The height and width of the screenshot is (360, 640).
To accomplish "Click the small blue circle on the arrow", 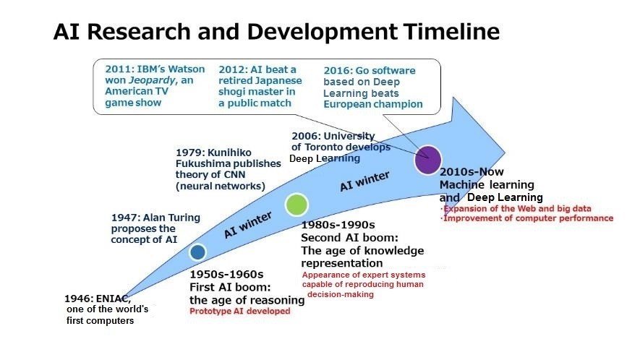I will (197, 252).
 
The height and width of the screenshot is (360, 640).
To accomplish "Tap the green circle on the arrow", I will (296, 205).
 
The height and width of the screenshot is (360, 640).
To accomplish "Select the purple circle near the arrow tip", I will (427, 159).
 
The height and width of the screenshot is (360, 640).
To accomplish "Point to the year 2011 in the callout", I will (116, 69).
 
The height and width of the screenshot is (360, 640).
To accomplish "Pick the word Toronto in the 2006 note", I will (325, 147).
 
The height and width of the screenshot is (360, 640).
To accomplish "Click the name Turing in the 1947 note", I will (187, 217).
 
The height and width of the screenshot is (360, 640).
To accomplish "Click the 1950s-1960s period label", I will (226, 275).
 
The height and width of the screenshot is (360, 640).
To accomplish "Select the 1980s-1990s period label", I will (338, 225).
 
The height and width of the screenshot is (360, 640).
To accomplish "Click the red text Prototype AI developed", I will (239, 312).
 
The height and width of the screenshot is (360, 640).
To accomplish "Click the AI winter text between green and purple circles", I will (365, 181).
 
